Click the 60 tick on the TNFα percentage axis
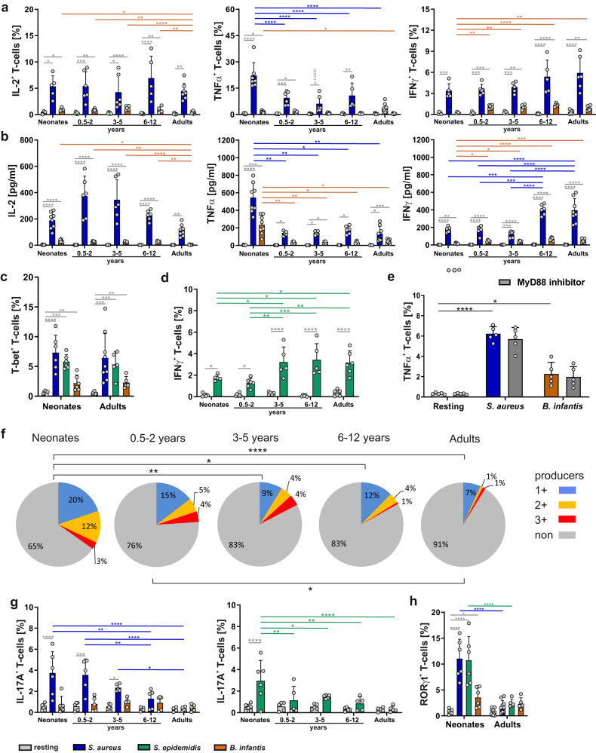(x=228, y=10)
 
